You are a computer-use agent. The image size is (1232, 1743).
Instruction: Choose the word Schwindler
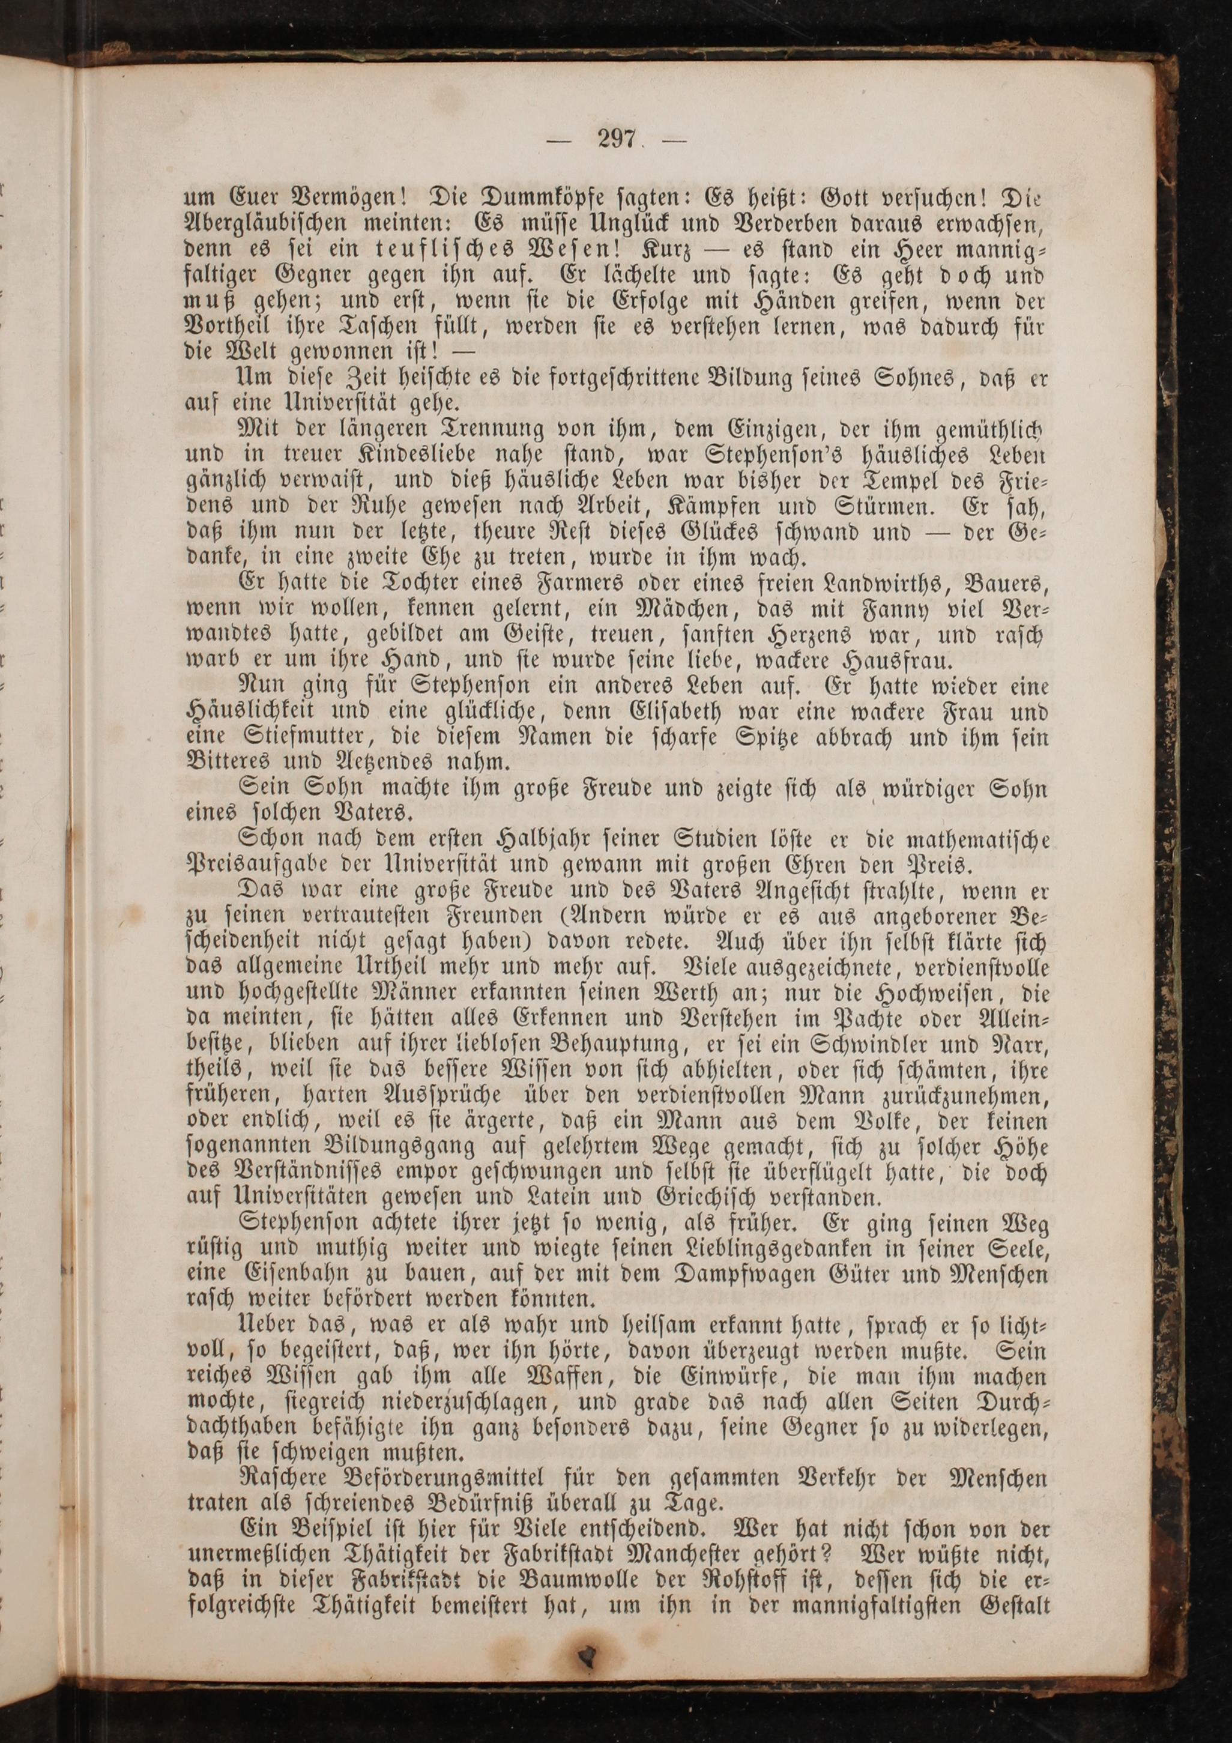click(x=887, y=1046)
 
